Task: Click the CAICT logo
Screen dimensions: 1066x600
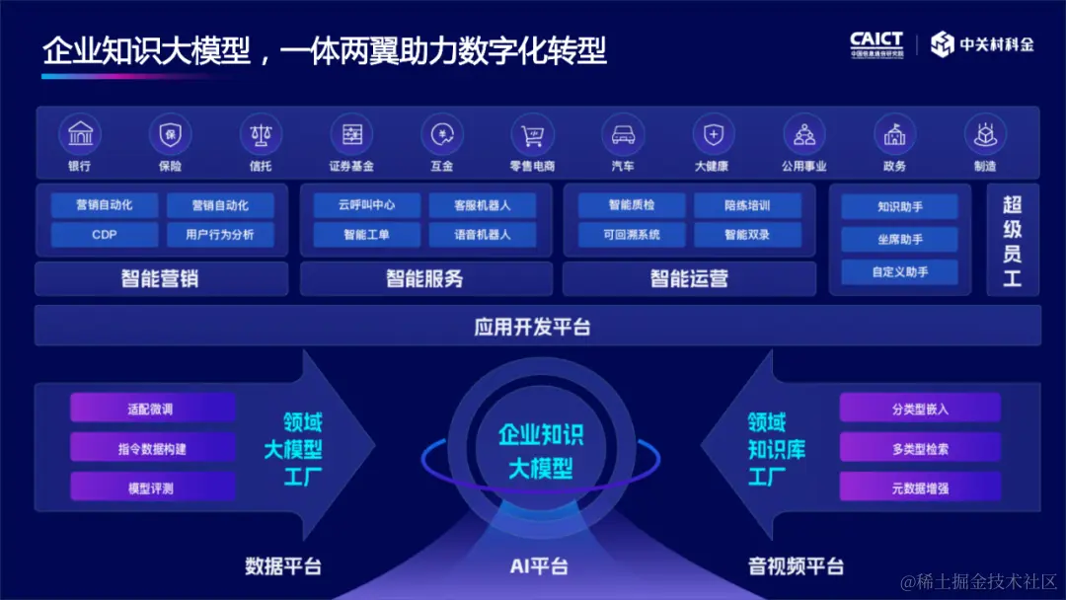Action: [876, 44]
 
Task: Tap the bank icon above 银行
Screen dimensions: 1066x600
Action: [80, 133]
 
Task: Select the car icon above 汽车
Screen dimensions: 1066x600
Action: [623, 133]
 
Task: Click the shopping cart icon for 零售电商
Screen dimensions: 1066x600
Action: [532, 133]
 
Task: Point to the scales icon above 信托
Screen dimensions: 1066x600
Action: [261, 133]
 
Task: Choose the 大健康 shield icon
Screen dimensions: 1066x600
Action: [713, 133]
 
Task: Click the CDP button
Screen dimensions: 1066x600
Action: [105, 235]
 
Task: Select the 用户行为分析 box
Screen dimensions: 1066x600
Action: [219, 235]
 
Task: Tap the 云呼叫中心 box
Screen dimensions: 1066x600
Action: [366, 205]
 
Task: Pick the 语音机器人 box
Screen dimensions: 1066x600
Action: [482, 235]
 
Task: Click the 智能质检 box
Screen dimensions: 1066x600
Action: [631, 205]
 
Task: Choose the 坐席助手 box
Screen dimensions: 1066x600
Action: [899, 239]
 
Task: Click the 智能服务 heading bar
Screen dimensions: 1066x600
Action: [424, 278]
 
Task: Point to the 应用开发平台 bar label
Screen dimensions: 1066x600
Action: [533, 327]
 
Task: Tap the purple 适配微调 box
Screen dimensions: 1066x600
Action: [153, 408]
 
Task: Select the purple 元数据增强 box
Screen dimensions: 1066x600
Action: [920, 487]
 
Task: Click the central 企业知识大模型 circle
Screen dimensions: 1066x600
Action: [540, 451]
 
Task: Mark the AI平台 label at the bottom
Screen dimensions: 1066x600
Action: [539, 566]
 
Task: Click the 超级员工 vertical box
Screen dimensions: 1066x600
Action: [1013, 241]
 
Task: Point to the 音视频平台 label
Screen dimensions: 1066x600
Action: [796, 566]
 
